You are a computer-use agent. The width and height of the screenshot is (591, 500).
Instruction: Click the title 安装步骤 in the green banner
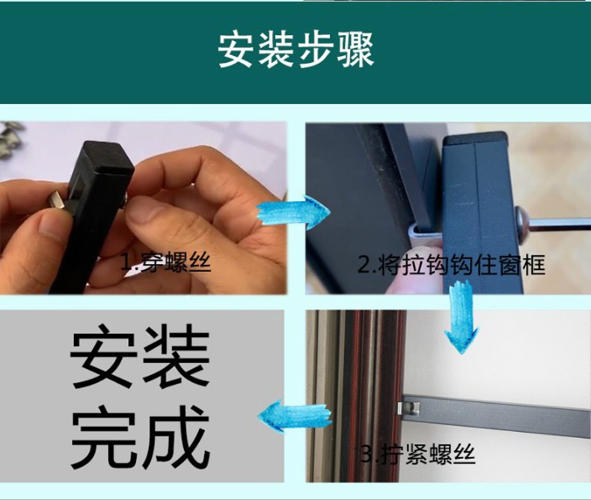click(x=296, y=50)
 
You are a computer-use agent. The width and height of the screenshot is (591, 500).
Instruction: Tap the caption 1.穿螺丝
click(x=165, y=262)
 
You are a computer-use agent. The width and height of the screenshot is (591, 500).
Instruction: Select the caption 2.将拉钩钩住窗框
click(x=451, y=265)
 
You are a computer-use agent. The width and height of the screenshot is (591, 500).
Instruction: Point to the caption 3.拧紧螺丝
click(x=417, y=454)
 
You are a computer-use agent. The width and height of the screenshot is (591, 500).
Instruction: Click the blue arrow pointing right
click(x=293, y=212)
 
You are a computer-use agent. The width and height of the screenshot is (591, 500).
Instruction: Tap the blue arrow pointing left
click(x=295, y=416)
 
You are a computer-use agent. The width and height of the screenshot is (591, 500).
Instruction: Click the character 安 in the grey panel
click(x=103, y=357)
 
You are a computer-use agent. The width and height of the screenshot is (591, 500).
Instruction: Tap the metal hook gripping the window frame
click(x=423, y=233)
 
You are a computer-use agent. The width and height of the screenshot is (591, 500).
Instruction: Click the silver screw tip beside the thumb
click(x=58, y=198)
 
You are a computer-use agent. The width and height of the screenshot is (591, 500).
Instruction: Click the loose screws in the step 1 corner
click(x=10, y=137)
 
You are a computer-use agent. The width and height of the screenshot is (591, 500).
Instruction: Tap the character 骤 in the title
click(x=356, y=50)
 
